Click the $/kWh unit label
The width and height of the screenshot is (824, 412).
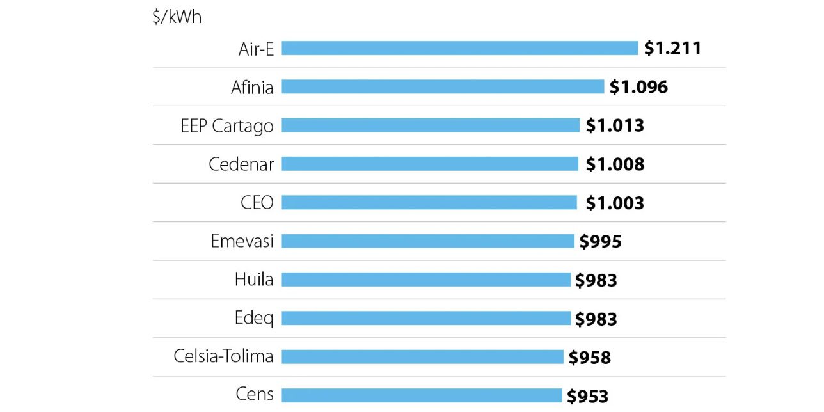click(177, 17)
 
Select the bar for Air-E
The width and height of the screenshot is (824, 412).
click(459, 48)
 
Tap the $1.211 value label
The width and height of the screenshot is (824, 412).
click(672, 48)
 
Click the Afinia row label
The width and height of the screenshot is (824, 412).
click(252, 87)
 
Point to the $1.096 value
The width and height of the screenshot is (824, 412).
click(638, 87)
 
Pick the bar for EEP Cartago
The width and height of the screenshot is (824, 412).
click(430, 125)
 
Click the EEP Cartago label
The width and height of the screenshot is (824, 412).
click(226, 125)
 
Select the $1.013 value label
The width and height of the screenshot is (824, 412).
click(615, 125)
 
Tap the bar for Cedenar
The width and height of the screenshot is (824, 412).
click(429, 164)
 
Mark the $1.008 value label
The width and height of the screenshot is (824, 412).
click(615, 164)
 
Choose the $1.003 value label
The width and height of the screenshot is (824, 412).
click(615, 203)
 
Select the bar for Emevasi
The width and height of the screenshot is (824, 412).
click(427, 241)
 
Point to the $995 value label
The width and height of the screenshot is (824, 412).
click(600, 241)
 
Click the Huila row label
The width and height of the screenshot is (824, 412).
click(253, 280)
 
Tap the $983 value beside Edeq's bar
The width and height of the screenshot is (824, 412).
click(596, 319)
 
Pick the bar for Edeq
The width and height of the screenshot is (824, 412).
click(425, 318)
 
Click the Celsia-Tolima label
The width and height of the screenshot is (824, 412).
click(223, 356)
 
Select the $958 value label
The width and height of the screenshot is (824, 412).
click(589, 357)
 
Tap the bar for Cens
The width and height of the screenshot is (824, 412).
click(421, 395)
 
